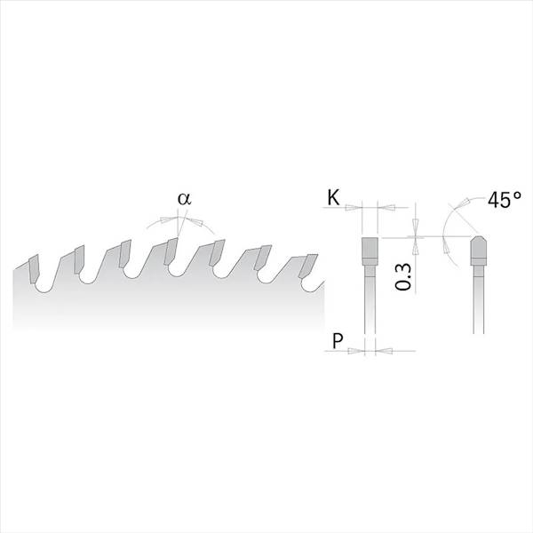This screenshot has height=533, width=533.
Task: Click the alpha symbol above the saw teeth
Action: pyautogui.click(x=184, y=199)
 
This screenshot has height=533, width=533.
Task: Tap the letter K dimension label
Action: pyautogui.click(x=333, y=197)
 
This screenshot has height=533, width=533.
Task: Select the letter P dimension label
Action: pyautogui.click(x=338, y=340)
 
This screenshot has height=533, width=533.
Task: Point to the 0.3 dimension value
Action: pyautogui.click(x=403, y=277)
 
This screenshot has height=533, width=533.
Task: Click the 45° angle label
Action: pyautogui.click(x=504, y=200)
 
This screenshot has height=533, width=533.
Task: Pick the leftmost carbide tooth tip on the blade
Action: pyautogui.click(x=35, y=268)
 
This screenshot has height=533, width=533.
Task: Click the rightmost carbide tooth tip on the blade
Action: pyautogui.click(x=308, y=266)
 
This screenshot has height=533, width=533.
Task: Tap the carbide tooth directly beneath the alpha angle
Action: pyautogui.click(x=171, y=251)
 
